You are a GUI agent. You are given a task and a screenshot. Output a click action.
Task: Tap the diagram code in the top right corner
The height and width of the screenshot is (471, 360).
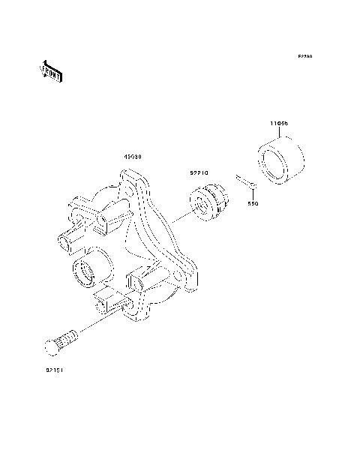[x=304, y=56]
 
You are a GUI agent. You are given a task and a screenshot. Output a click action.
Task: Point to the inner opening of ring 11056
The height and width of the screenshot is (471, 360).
[x=274, y=167]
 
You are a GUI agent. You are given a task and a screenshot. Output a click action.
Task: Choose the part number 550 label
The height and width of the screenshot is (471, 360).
[x=253, y=203]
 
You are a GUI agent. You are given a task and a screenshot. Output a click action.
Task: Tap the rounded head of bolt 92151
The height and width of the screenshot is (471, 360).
[x=51, y=346]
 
